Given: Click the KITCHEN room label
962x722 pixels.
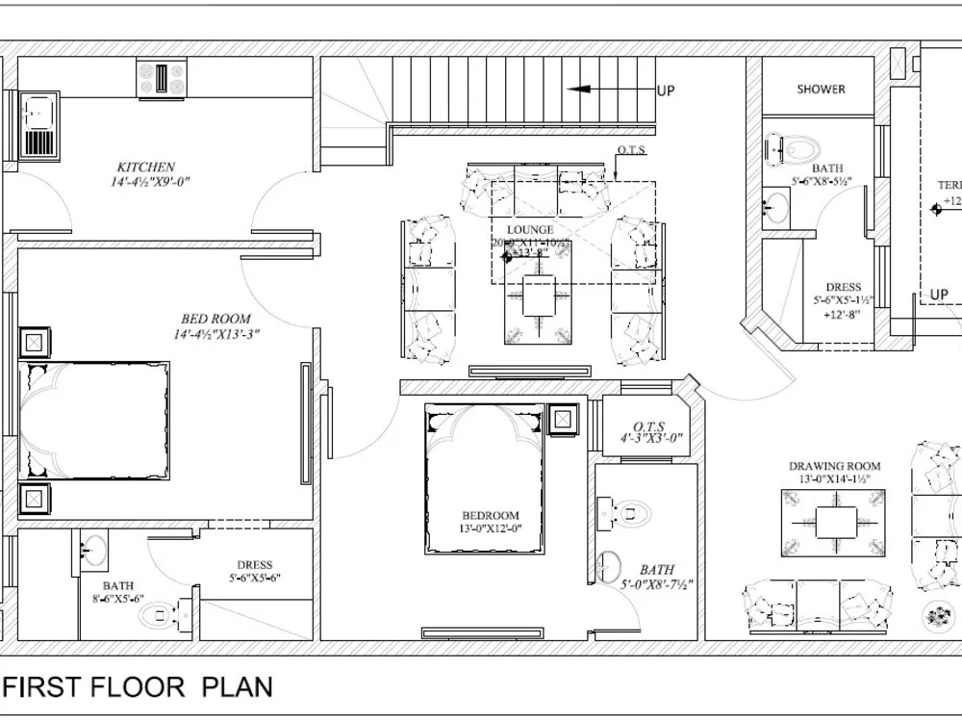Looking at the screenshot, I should coord(146,167).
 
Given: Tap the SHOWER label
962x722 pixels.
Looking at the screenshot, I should coord(821,89).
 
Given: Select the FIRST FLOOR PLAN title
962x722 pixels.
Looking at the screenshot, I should coord(139,686).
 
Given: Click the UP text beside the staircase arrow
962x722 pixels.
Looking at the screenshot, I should coord(666,91).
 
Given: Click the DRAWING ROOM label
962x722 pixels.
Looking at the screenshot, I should coord(835,466).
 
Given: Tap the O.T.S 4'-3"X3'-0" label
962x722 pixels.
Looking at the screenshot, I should coord(650,431).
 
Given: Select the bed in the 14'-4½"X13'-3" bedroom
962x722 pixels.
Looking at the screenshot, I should coord(93,420).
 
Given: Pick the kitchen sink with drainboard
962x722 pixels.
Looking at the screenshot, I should coord(38,125).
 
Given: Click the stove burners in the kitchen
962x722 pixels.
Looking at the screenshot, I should coord(160,78).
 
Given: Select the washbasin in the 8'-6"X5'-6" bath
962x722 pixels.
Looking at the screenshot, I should coord(93,550).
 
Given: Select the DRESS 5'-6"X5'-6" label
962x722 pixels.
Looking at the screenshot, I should coord(255,572).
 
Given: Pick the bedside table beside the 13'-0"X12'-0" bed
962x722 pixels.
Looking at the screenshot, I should coord(562,420).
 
